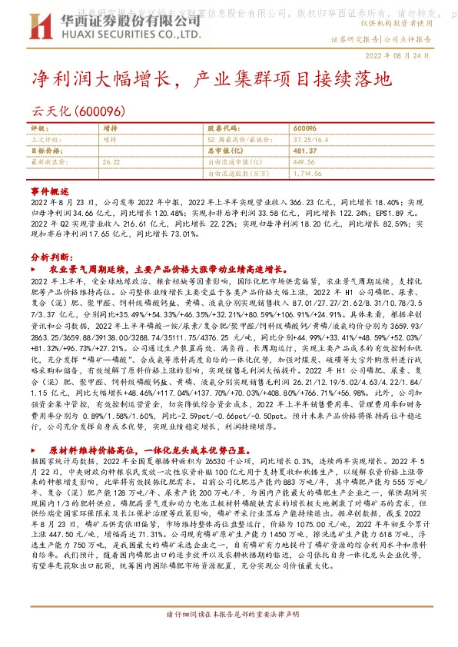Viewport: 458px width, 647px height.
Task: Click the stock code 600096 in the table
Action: pyautogui.click(x=305, y=129)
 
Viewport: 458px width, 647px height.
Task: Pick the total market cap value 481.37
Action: pyautogui.click(x=305, y=151)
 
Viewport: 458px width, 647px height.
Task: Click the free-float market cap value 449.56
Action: pyautogui.click(x=304, y=163)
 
